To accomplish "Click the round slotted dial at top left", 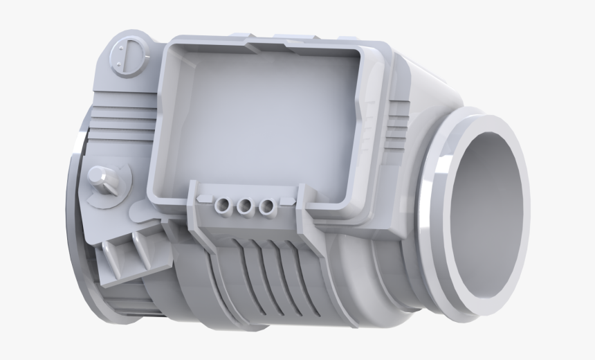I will (129, 53).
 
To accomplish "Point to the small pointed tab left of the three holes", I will (202, 199).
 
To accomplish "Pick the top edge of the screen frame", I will (270, 46).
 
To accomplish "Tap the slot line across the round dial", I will (129, 53).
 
